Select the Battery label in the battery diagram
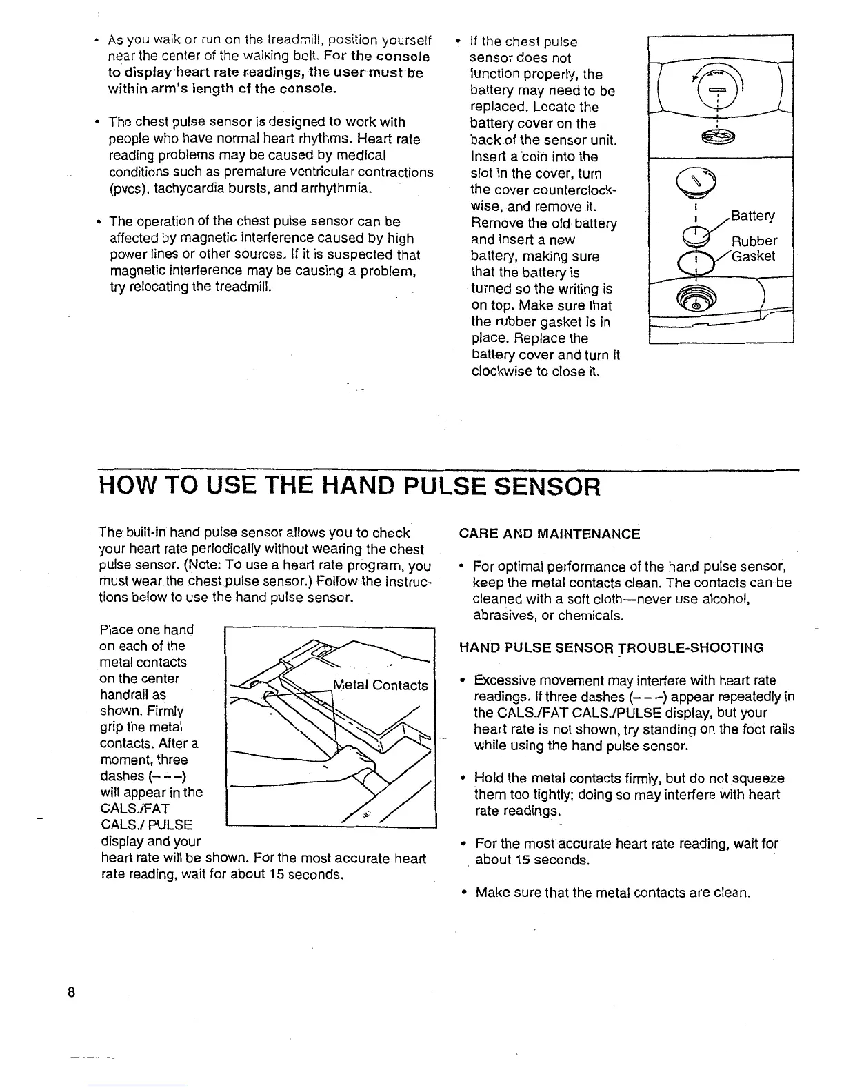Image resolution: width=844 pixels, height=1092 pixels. pyautogui.click(x=752, y=216)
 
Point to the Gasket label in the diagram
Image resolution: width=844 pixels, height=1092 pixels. pyautogui.click(x=754, y=256)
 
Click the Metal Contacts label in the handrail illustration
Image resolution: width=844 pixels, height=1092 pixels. pyautogui.click(x=380, y=685)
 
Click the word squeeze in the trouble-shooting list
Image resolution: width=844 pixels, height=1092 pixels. pyautogui.click(x=756, y=778)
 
